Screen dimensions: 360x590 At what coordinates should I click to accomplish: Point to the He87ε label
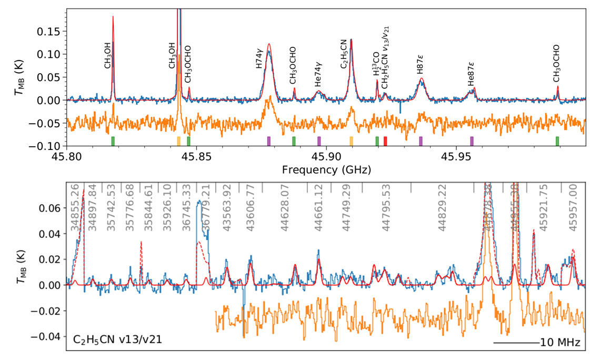click(471, 76)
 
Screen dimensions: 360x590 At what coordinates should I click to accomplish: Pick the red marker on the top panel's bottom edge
click(385, 141)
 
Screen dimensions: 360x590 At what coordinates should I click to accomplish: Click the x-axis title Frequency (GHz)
click(326, 170)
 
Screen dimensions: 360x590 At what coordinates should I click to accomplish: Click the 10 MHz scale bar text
click(560, 343)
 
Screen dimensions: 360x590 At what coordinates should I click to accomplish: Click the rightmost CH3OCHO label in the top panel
click(556, 69)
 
